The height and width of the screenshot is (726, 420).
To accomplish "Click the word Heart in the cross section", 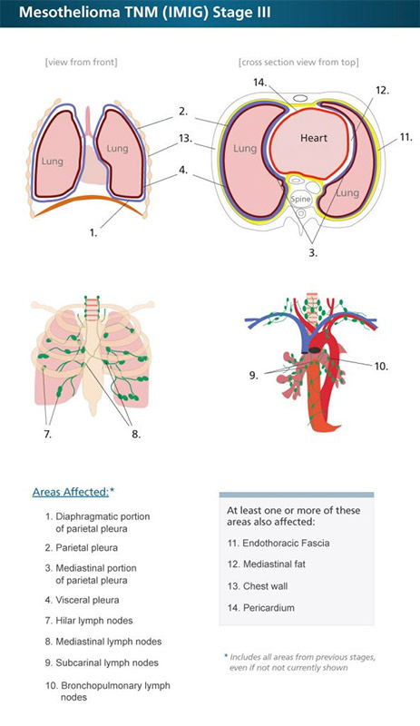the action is tap(314, 138).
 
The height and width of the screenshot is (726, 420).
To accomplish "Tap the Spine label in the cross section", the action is tap(300, 199).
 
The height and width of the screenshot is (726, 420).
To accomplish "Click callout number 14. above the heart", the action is tap(260, 82).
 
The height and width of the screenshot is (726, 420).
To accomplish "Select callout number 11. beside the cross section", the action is tap(406, 137).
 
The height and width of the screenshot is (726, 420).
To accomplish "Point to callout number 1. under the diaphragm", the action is tap(93, 233).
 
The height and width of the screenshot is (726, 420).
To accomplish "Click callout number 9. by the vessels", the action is tap(254, 375).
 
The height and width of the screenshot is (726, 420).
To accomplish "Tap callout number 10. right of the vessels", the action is tap(381, 367).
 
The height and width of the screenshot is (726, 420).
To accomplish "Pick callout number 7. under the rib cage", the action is tap(48, 435).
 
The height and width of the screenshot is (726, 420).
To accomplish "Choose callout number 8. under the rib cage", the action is tap(136, 435).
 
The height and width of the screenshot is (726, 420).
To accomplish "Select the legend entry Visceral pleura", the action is tap(82, 600).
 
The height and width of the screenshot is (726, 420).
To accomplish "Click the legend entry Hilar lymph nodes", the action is tap(89, 621).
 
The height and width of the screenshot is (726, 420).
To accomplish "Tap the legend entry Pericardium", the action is tap(260, 608).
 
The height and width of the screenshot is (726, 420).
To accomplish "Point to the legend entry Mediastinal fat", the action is tap(267, 564).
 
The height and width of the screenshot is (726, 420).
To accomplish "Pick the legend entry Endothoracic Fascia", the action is tap(278, 543).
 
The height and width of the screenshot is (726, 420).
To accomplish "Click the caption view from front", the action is tap(81, 62).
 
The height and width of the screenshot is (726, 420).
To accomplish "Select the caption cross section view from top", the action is tap(298, 62).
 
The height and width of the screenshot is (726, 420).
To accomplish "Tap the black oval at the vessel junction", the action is tap(316, 350).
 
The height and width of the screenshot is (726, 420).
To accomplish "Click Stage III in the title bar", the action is tap(241, 12).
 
